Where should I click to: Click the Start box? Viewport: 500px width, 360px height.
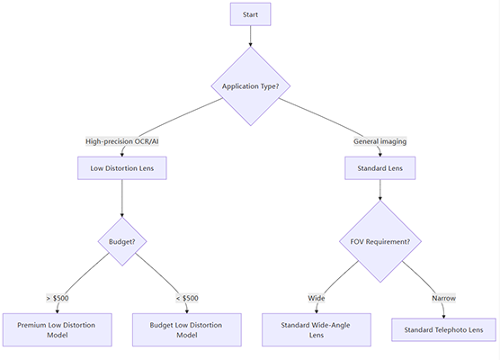point(250,14)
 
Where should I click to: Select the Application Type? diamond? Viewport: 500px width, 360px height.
point(250,86)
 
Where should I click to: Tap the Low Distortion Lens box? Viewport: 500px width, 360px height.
point(121,168)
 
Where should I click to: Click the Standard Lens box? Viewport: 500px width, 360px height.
point(379,168)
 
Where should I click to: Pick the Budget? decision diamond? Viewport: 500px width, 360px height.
point(121,241)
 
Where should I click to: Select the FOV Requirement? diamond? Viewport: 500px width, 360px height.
point(379,241)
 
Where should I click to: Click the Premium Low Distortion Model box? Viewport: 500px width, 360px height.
point(57,329)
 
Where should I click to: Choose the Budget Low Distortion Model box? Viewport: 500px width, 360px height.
point(186,329)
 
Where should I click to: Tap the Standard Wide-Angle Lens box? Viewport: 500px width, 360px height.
point(316,329)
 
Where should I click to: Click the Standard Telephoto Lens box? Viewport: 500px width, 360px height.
point(443,329)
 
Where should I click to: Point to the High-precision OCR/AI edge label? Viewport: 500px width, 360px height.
point(121,141)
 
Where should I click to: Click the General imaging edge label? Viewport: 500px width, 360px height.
point(379,141)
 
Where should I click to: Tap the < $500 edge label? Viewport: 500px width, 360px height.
point(186,298)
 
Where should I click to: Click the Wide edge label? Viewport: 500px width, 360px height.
point(317,298)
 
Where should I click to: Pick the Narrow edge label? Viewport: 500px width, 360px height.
point(442,298)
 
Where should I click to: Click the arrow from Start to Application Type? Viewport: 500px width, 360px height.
point(250,36)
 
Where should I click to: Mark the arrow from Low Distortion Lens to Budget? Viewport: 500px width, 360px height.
point(121,197)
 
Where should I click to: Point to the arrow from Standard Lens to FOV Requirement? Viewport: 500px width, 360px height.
point(379,189)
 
